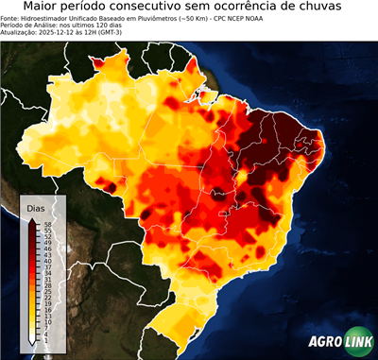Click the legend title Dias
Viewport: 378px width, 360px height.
tap(36, 208)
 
